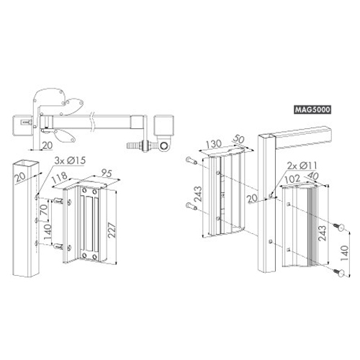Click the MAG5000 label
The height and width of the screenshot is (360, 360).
[x=312, y=109]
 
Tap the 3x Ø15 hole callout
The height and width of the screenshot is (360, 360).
[x=70, y=161]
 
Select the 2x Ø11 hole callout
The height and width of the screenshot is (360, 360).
[x=302, y=166]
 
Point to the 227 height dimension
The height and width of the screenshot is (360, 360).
[x=112, y=230]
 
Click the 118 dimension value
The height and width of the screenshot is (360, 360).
[x=60, y=177]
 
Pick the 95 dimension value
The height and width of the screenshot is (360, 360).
[x=107, y=173]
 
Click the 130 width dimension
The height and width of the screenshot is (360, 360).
[x=214, y=143]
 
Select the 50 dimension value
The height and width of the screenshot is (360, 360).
[x=238, y=140]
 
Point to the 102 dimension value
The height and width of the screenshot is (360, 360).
[x=292, y=179]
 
